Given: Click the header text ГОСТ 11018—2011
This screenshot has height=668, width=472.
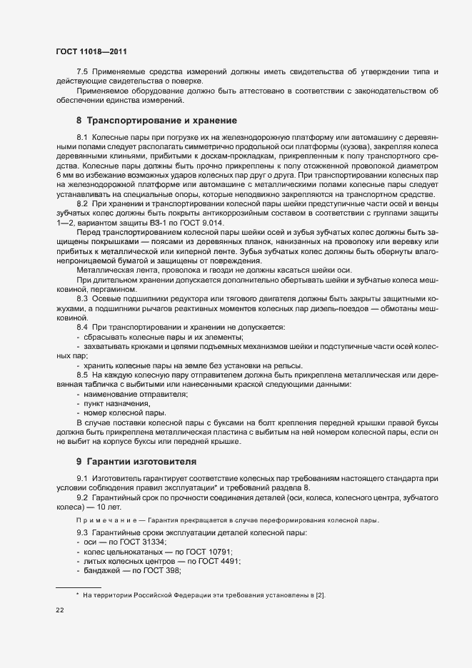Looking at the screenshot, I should tap(91, 51).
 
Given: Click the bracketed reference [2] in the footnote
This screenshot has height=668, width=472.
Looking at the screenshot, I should tap(321, 594).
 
